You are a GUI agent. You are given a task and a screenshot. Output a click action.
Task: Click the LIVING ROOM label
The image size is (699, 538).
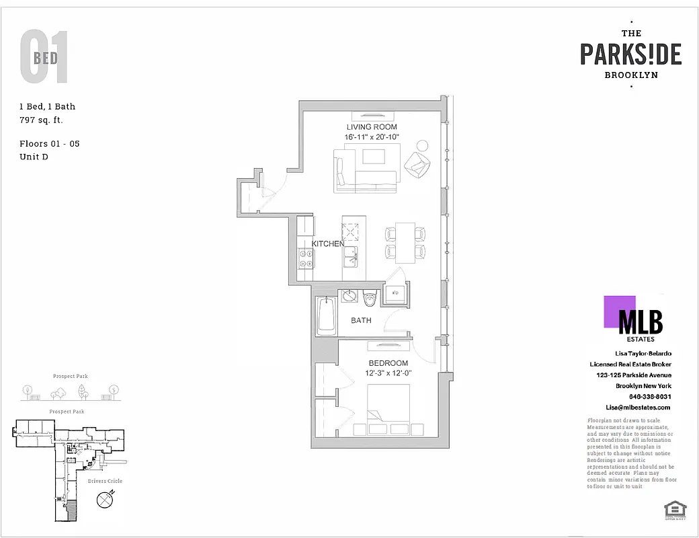tap(372, 127)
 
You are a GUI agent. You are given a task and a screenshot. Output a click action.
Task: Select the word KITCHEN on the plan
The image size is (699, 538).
tap(327, 243)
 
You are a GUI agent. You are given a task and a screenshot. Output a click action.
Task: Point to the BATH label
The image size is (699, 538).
tap(361, 321)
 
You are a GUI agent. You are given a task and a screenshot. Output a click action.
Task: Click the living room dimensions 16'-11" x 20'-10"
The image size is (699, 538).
tap(372, 137)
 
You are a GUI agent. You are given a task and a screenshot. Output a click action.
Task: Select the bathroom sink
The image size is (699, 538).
tap(349, 297)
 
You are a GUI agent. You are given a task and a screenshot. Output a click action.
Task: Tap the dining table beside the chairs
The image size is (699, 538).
tap(404, 243)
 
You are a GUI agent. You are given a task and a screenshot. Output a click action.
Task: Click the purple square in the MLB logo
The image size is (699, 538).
tap(619, 311)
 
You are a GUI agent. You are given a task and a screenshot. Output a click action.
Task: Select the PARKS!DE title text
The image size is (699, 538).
tap(630, 54)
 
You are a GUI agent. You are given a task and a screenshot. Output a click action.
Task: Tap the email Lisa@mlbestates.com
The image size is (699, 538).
tap(638, 408)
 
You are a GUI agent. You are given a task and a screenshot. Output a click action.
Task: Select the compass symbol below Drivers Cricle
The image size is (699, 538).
tap(105, 500)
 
